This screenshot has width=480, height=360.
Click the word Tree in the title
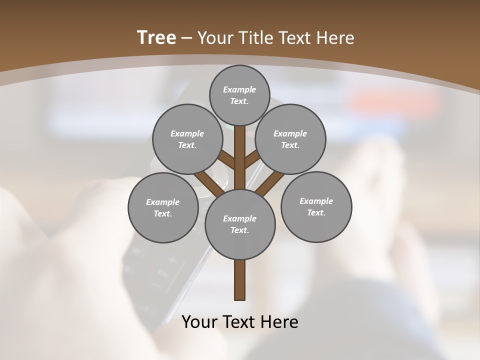[x=156, y=37]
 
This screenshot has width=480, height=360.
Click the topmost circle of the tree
[x=240, y=95]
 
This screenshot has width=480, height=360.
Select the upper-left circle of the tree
[x=187, y=139]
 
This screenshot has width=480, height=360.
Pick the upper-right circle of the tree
[x=290, y=139]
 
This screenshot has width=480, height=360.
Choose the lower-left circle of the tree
[x=163, y=207]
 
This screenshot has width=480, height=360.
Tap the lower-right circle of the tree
[x=316, y=206]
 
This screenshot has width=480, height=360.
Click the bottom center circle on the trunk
[x=240, y=224]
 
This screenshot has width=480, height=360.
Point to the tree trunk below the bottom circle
[x=240, y=280]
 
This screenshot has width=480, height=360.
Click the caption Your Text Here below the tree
[x=240, y=322]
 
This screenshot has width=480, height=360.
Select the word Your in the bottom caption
[x=199, y=322]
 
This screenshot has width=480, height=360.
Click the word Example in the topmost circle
[x=239, y=89]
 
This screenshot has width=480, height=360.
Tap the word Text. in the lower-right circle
[x=316, y=212]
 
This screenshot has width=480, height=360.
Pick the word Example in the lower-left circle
[x=162, y=202]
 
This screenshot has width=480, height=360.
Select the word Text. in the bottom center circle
[x=239, y=230]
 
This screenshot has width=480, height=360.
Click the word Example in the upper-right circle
[x=290, y=133]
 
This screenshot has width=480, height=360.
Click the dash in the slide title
[x=187, y=38]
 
